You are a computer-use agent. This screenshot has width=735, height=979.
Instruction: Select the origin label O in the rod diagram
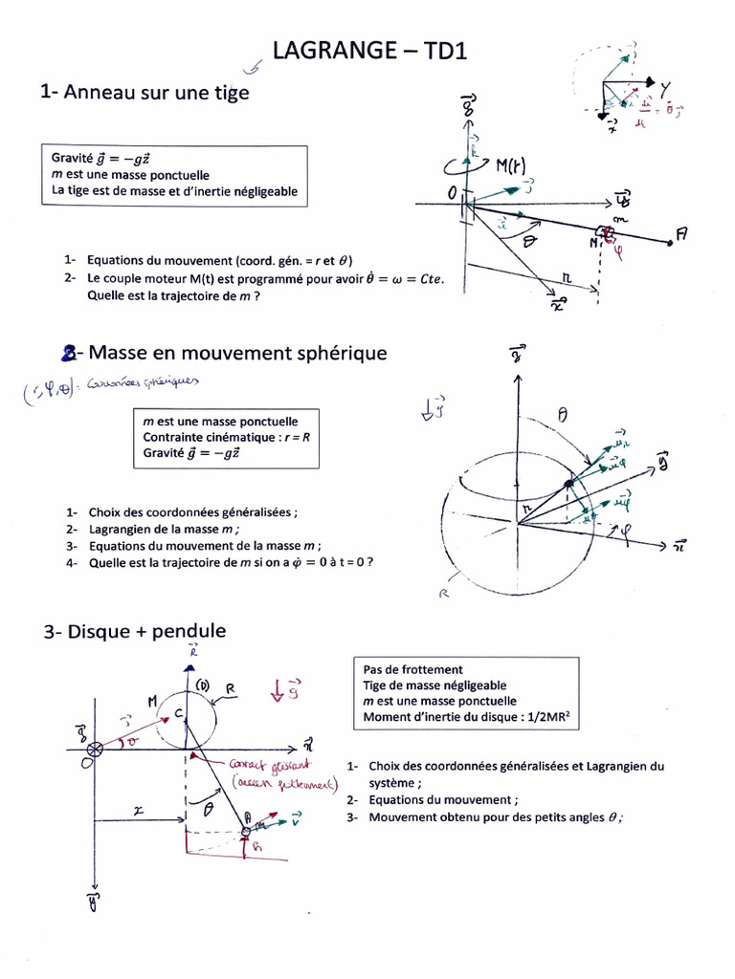(x=453, y=194)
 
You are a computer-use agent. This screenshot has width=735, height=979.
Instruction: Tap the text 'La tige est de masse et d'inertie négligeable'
(x=175, y=191)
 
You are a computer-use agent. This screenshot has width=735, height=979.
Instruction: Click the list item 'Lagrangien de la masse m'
(x=164, y=529)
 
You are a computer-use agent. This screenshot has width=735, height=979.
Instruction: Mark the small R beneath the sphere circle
(x=444, y=593)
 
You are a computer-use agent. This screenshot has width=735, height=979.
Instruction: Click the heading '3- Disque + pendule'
(x=135, y=631)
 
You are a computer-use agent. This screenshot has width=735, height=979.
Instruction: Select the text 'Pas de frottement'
(x=412, y=669)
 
